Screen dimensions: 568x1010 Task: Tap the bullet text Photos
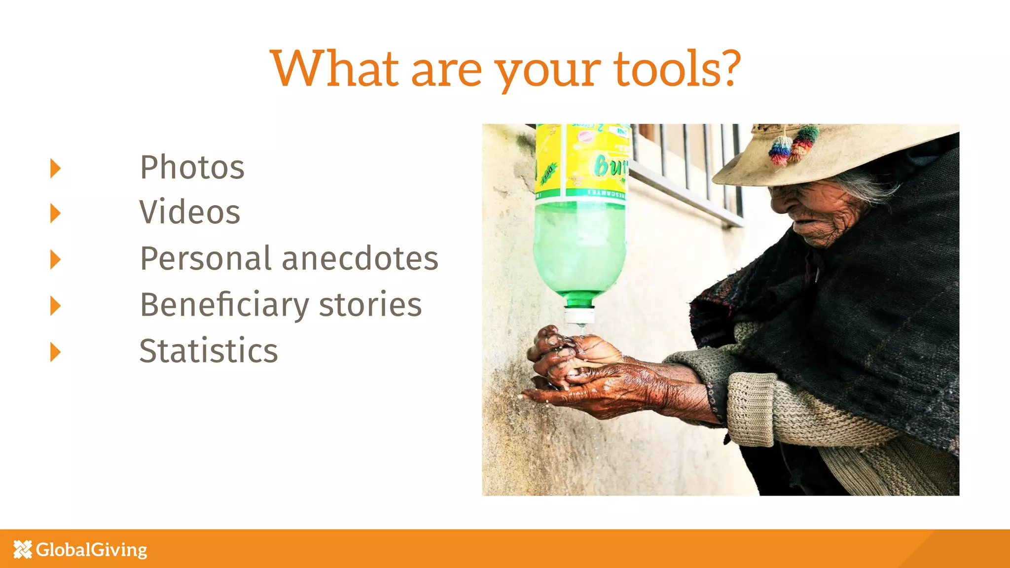click(x=192, y=167)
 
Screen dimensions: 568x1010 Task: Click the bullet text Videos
click(x=189, y=212)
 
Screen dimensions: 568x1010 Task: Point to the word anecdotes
click(x=360, y=258)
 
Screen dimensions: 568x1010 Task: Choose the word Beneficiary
click(x=224, y=305)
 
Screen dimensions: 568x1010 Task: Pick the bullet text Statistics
click(x=208, y=351)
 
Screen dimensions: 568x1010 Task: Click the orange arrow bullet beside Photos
click(x=55, y=168)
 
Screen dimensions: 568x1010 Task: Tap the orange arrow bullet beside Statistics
click(x=55, y=352)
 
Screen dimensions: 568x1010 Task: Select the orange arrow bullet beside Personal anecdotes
click(x=55, y=259)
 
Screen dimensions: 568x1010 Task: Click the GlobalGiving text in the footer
click(x=92, y=549)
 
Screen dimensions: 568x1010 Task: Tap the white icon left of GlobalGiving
click(x=23, y=549)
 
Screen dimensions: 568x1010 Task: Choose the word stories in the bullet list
click(x=370, y=305)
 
